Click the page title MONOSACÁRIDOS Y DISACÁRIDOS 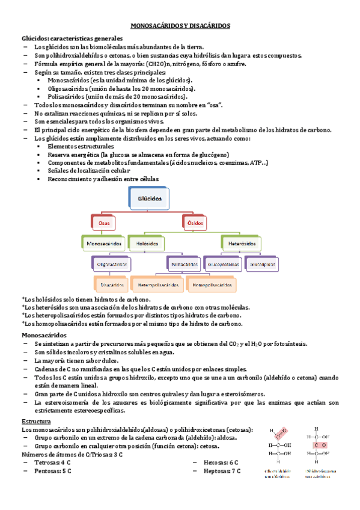[180, 26]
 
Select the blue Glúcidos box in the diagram [149, 198]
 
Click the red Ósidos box [195, 223]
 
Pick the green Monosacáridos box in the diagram [105, 244]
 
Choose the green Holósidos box [147, 244]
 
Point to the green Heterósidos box [243, 244]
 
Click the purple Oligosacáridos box [113, 264]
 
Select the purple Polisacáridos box [185, 264]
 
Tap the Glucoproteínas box [223, 264]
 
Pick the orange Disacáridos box [112, 284]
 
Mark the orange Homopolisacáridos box [211, 284]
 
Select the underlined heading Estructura [36, 422]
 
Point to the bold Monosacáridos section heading [45, 334]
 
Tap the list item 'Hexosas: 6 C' [221, 462]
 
